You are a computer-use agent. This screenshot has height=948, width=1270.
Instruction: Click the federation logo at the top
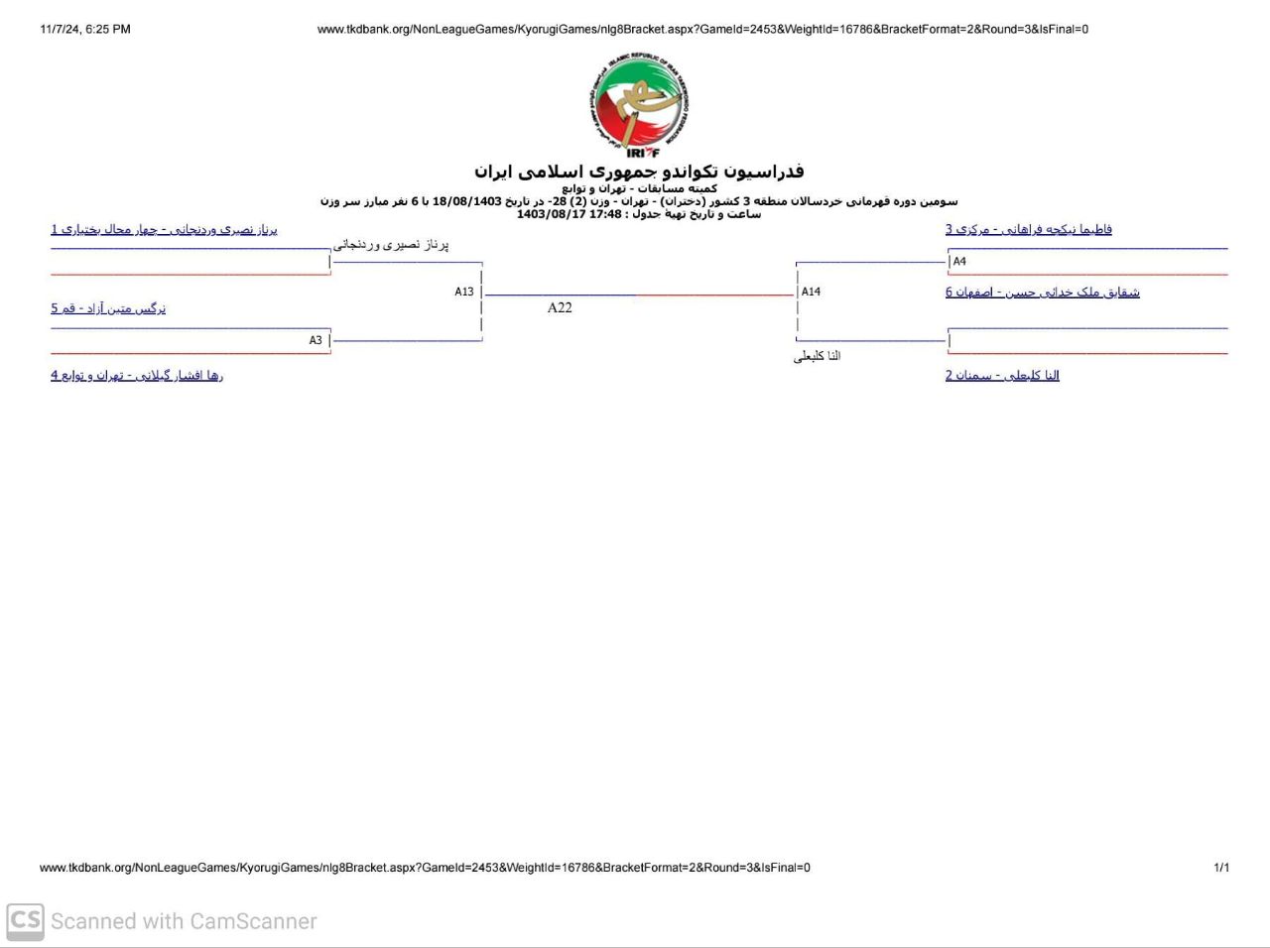(x=638, y=106)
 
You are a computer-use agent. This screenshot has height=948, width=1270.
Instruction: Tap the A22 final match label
(x=560, y=307)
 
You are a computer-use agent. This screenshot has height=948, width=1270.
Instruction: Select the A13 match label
(x=464, y=292)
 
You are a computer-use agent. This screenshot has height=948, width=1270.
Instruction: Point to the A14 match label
(x=811, y=292)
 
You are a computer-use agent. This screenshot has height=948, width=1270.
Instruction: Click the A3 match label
(x=316, y=340)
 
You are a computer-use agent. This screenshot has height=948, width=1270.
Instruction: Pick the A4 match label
(x=959, y=262)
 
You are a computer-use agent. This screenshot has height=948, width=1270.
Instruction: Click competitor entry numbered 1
(x=164, y=229)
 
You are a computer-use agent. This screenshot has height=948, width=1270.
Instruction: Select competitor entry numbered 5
(x=108, y=308)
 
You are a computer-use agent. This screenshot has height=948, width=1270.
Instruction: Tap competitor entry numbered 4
(x=137, y=375)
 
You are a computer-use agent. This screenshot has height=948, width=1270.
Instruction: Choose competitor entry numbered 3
(x=1028, y=229)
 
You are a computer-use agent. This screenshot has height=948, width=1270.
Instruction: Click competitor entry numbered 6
(x=1042, y=292)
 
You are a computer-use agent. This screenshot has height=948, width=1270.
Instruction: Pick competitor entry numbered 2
(x=1002, y=375)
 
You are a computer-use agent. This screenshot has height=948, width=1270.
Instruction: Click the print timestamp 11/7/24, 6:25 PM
(x=85, y=29)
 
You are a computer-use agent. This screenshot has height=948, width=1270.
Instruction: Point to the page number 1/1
(x=1221, y=868)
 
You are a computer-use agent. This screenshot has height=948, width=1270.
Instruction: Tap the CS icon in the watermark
(x=25, y=921)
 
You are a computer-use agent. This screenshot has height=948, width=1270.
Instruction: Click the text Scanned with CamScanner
(x=184, y=921)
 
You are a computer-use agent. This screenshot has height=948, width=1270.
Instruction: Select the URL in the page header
(x=702, y=29)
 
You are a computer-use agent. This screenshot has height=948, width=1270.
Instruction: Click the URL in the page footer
(x=425, y=868)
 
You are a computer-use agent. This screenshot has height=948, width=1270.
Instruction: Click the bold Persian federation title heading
(x=639, y=172)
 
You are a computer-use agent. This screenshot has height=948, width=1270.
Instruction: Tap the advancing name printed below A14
(x=817, y=356)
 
